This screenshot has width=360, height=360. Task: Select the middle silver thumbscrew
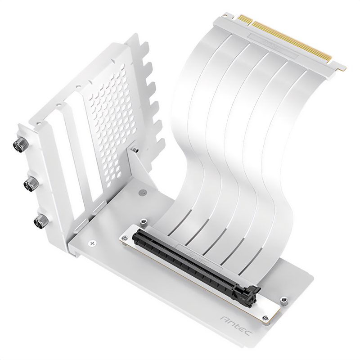[31, 183]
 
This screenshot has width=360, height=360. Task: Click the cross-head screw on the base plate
[93, 243]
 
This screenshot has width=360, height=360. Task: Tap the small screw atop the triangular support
[134, 147]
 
